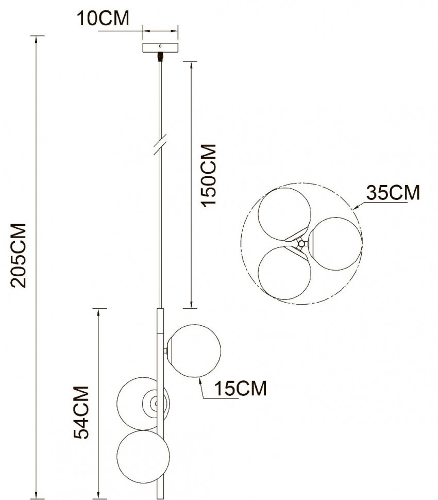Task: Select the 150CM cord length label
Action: (x=208, y=175)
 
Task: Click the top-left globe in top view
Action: (x=284, y=212)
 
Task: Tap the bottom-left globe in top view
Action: (x=284, y=273)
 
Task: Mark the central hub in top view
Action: (x=302, y=243)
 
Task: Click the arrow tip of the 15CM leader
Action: (x=199, y=379)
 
